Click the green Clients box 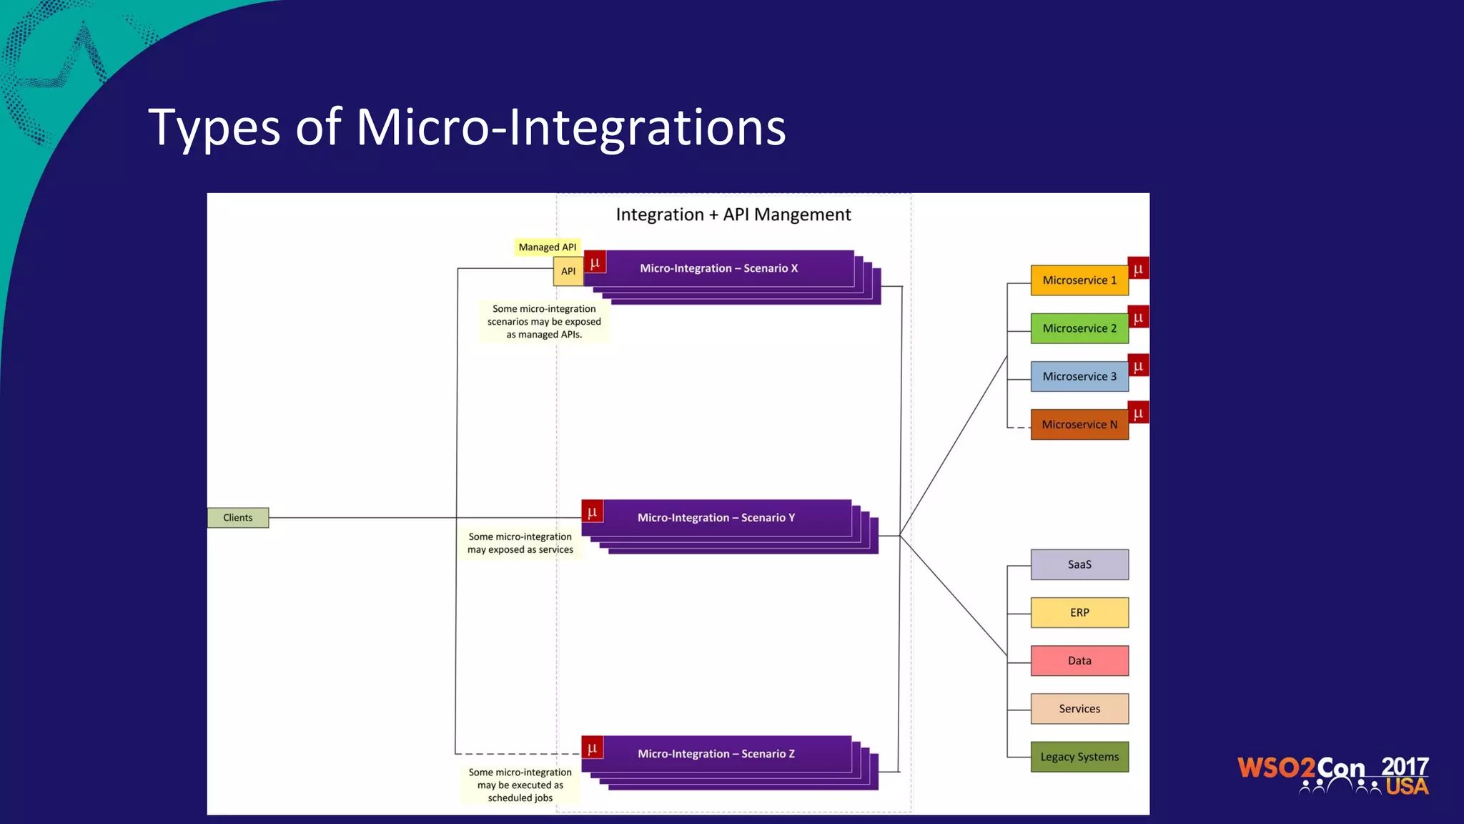pyautogui.click(x=238, y=517)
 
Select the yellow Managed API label pyautogui.click(x=547, y=247)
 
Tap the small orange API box pyautogui.click(x=568, y=271)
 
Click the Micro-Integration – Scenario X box pyautogui.click(x=718, y=268)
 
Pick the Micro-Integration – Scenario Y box pyautogui.click(x=716, y=517)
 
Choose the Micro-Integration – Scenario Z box pyautogui.click(x=716, y=753)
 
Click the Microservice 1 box pyautogui.click(x=1079, y=280)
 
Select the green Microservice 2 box pyautogui.click(x=1079, y=328)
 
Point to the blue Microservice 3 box pyautogui.click(x=1079, y=376)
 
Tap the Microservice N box pyautogui.click(x=1079, y=424)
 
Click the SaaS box pyautogui.click(x=1079, y=564)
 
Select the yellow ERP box pyautogui.click(x=1079, y=612)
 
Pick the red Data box pyautogui.click(x=1079, y=660)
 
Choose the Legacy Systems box pyautogui.click(x=1079, y=757)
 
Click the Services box pyautogui.click(x=1079, y=709)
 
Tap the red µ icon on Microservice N pyautogui.click(x=1138, y=413)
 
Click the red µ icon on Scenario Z pyautogui.click(x=593, y=747)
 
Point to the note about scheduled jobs pyautogui.click(x=520, y=785)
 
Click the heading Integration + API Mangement pyautogui.click(x=733, y=215)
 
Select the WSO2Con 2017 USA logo pyautogui.click(x=1332, y=775)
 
